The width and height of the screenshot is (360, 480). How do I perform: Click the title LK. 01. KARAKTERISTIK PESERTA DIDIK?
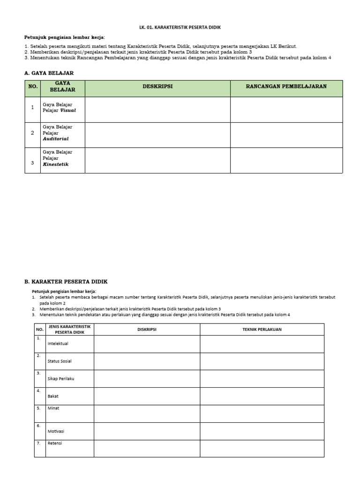click(x=180, y=28)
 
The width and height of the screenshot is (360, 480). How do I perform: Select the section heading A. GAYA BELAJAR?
click(x=49, y=73)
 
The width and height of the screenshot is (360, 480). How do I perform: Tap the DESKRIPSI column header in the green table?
click(x=157, y=87)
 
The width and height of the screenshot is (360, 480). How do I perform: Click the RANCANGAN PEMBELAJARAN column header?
click(x=286, y=87)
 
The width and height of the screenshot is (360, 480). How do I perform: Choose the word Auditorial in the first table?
click(x=55, y=139)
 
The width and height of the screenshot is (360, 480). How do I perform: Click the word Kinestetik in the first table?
click(x=55, y=164)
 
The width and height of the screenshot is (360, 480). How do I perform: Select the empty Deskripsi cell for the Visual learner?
click(x=157, y=110)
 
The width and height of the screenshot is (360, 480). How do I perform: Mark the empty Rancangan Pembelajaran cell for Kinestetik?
click(x=286, y=160)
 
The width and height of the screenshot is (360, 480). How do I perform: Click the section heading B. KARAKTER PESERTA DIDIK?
click(x=66, y=281)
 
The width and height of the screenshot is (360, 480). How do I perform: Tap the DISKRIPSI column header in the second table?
click(x=147, y=330)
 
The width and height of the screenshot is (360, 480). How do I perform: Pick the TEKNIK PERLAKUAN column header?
click(x=262, y=330)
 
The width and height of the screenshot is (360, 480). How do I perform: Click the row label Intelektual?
click(x=58, y=344)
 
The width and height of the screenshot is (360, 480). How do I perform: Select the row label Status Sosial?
click(x=60, y=361)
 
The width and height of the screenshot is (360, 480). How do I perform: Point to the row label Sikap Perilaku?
click(x=61, y=379)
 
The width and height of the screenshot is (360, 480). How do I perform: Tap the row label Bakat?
click(x=53, y=396)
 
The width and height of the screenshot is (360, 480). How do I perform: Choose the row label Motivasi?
click(x=56, y=431)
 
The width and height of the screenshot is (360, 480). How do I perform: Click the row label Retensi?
click(x=55, y=443)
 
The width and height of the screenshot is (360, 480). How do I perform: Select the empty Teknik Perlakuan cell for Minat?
click(x=262, y=413)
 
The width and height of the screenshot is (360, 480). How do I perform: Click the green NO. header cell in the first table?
click(x=32, y=87)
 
